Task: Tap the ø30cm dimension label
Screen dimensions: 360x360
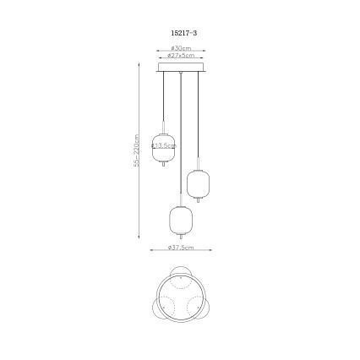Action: [x=180, y=48]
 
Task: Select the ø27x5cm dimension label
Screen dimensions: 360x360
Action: [x=180, y=55]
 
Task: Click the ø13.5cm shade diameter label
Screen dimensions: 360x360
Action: [x=163, y=145]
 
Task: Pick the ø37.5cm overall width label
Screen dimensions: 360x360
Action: [x=180, y=248]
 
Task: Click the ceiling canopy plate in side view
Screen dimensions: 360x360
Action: [x=180, y=65]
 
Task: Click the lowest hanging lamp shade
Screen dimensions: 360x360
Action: [x=180, y=220]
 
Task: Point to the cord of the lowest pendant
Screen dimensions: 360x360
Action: [x=180, y=135]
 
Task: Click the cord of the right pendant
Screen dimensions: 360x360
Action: [x=198, y=118]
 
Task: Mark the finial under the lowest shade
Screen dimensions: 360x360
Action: [x=180, y=238]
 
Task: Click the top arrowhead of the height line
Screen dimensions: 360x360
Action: [x=139, y=63]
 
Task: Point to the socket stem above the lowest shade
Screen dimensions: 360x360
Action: [x=180, y=201]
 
